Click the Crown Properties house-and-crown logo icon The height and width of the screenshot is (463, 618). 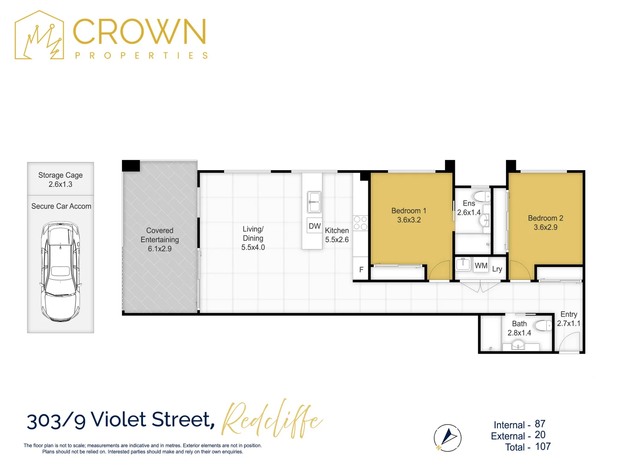[39, 36]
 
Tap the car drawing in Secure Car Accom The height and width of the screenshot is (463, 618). [61, 271]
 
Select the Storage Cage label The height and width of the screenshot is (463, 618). [61, 175]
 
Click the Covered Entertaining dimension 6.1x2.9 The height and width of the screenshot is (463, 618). [160, 249]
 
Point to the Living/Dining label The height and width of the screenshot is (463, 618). [253, 234]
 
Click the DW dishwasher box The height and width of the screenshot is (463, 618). [315, 226]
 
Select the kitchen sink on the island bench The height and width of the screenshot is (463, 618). [314, 202]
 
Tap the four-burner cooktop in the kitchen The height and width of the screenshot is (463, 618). [360, 223]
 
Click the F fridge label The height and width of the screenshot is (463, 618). [361, 270]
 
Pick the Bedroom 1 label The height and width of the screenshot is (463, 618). [409, 210]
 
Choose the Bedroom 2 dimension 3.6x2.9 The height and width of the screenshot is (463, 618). [545, 227]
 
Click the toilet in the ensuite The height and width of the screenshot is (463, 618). [482, 196]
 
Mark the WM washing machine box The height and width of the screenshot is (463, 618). [481, 265]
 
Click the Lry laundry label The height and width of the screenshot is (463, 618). [497, 269]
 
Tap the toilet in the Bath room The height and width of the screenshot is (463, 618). [544, 326]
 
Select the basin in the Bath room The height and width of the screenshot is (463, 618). [518, 345]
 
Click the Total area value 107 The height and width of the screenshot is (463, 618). [543, 447]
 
